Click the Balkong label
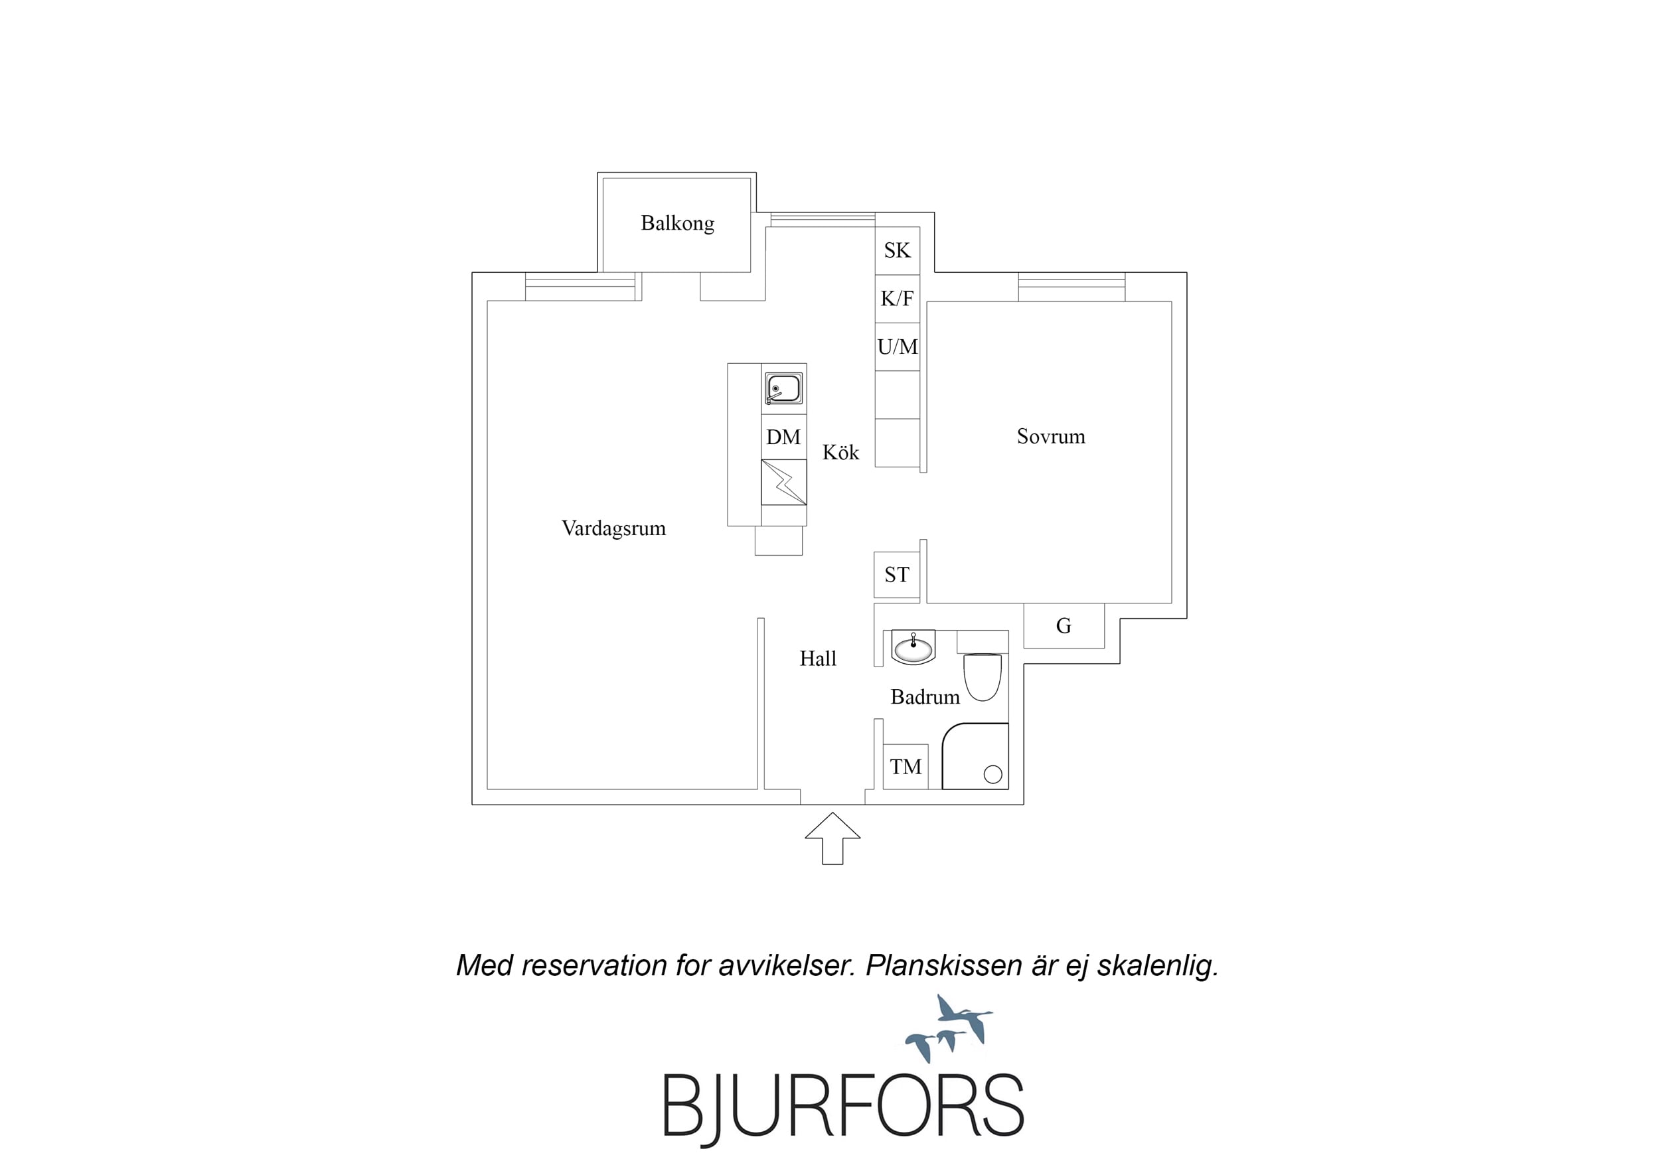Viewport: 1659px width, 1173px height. click(x=677, y=223)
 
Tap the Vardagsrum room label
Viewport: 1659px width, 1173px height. click(x=613, y=528)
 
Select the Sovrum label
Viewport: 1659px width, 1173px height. click(x=1051, y=437)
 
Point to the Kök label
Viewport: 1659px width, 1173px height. click(x=840, y=453)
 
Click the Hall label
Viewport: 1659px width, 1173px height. click(x=818, y=659)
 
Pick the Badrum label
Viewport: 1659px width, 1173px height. click(x=925, y=698)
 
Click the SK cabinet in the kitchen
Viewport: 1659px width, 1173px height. click(x=898, y=251)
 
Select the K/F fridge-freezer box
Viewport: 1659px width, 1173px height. click(x=898, y=299)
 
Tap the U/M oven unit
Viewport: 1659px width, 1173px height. click(x=898, y=347)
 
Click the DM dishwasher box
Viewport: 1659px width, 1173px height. click(x=784, y=437)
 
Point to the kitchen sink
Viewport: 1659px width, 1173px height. click(x=784, y=389)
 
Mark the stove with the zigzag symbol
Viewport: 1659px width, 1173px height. click(x=784, y=482)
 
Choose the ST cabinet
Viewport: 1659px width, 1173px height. click(x=897, y=576)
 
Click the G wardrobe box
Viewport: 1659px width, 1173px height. click(x=1064, y=626)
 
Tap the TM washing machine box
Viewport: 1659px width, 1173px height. click(x=906, y=767)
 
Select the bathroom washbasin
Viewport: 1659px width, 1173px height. click(x=913, y=647)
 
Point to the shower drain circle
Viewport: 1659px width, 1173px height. click(x=992, y=775)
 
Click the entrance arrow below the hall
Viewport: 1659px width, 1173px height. click(x=832, y=838)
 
